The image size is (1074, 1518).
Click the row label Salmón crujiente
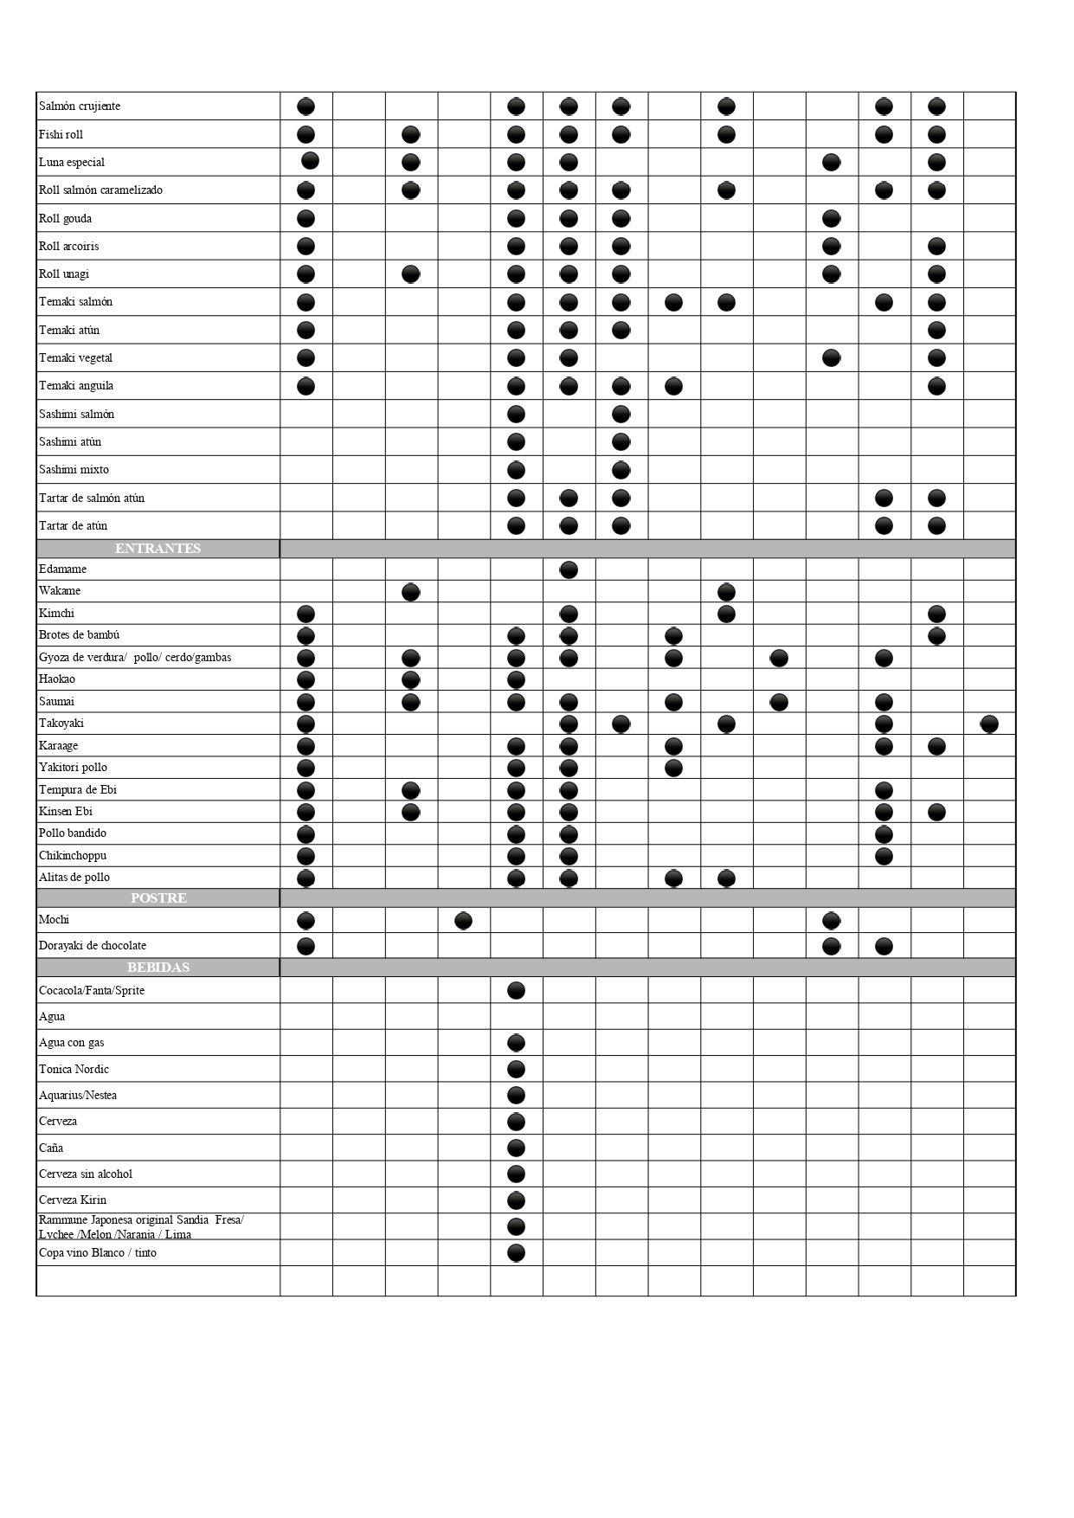click(x=80, y=106)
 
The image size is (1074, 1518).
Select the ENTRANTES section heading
click(x=158, y=549)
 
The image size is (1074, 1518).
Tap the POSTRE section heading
click(x=158, y=898)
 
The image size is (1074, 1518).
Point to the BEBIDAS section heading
click(x=158, y=968)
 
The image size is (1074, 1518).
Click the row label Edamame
click(x=62, y=569)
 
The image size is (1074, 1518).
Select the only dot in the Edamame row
click(x=569, y=569)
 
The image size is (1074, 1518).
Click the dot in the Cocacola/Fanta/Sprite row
click(x=516, y=991)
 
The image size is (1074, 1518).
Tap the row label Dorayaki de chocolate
click(x=93, y=946)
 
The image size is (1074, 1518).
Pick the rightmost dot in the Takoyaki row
click(x=989, y=724)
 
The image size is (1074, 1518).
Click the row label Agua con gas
click(x=71, y=1043)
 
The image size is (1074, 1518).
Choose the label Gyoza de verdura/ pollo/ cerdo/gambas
click(x=135, y=658)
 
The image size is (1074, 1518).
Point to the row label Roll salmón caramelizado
click(x=100, y=190)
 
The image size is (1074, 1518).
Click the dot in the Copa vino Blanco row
click(x=516, y=1253)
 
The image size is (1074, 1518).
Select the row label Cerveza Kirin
click(x=73, y=1200)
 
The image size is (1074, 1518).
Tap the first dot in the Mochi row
click(x=305, y=921)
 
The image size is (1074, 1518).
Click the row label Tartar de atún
click(x=73, y=526)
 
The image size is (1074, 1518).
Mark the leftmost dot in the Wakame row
click(x=411, y=592)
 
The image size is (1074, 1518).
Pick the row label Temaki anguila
click(x=76, y=386)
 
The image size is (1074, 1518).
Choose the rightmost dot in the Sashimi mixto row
click(x=621, y=470)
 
